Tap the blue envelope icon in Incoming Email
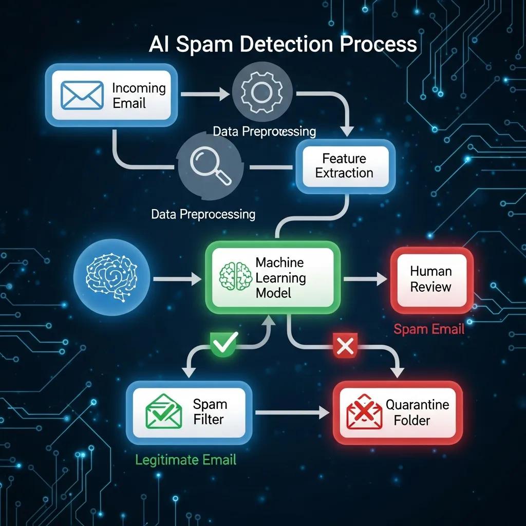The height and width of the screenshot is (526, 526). (x=75, y=95)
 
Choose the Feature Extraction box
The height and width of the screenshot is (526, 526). (x=344, y=165)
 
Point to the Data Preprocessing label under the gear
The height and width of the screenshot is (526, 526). (x=264, y=131)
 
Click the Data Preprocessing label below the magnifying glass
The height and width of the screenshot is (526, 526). (x=203, y=214)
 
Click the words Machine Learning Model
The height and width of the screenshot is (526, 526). (x=280, y=278)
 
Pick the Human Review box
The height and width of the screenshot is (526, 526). (x=431, y=279)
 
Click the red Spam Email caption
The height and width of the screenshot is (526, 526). (x=429, y=329)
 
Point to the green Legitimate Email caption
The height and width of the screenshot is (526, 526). (x=185, y=459)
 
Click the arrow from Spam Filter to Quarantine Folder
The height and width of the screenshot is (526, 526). (x=291, y=412)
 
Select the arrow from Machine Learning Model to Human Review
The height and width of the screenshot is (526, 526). (x=365, y=279)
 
